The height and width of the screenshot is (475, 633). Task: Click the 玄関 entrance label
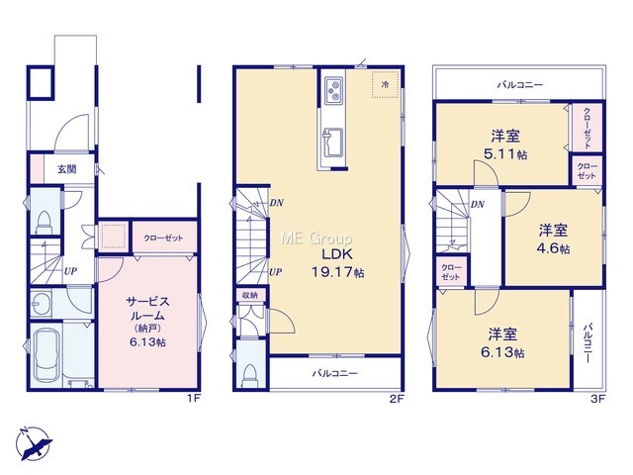tap(67, 169)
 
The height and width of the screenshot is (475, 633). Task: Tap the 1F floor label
tap(193, 399)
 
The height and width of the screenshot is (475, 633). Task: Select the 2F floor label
tap(397, 399)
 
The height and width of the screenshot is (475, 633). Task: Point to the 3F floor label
tap(597, 399)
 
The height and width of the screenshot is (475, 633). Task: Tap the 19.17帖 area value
tap(337, 273)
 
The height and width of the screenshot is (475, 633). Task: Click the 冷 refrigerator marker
tap(386, 85)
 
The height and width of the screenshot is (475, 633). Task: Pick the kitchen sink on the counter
tap(332, 142)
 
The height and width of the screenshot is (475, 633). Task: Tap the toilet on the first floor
tap(44, 222)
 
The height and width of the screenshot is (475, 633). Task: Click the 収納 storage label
tap(250, 295)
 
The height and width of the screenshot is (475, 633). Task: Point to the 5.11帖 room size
tap(505, 154)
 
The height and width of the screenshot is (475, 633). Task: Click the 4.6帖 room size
tap(553, 248)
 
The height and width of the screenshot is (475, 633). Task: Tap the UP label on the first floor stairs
tap(70, 271)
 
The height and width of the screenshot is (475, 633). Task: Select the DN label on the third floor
tap(478, 205)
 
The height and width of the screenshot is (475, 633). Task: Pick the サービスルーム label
tap(147, 308)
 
